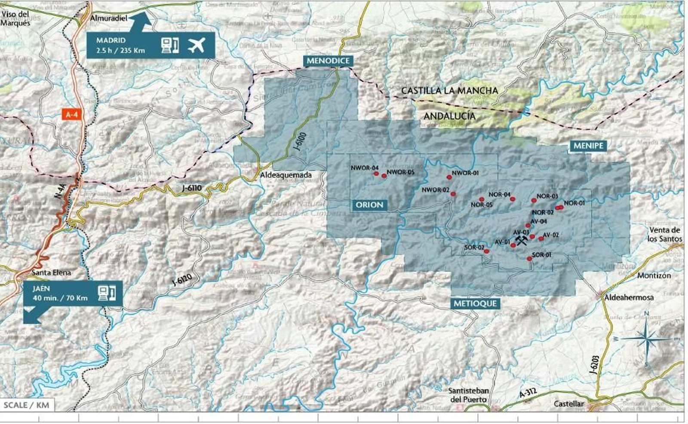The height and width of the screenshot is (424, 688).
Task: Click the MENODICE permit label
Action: [x=328, y=61]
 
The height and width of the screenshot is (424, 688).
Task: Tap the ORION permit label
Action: [x=369, y=205]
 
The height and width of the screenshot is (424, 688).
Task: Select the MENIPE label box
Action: [x=588, y=146]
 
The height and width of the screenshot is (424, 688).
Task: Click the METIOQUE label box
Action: [x=475, y=304]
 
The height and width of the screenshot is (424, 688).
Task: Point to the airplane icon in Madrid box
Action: [x=197, y=45]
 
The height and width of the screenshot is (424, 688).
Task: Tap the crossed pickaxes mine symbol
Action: [x=521, y=240]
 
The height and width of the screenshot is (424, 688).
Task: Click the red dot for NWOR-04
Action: [x=376, y=174]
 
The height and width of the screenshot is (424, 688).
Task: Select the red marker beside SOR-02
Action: [x=486, y=251]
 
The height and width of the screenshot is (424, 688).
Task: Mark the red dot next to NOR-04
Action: [x=513, y=199]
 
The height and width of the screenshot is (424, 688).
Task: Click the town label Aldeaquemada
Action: [x=286, y=175]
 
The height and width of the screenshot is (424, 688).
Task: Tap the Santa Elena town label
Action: [x=51, y=273]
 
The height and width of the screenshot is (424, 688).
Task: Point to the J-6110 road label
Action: [x=191, y=188]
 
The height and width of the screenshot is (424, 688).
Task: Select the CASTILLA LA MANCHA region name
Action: [x=449, y=91]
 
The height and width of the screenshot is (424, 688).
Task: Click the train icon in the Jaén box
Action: [x=106, y=293]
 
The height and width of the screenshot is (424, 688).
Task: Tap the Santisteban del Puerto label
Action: [x=468, y=395]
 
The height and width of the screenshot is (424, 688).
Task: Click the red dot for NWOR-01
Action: [x=449, y=177]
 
